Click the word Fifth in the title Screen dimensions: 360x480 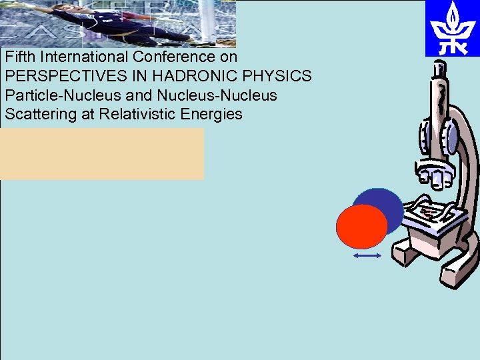pyautogui.click(x=20, y=57)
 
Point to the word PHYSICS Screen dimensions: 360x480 pyautogui.click(x=280, y=77)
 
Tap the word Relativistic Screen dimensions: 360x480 pyautogui.click(x=135, y=114)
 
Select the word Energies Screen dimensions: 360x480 pyautogui.click(x=211, y=114)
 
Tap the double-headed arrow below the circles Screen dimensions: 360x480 pyautogui.click(x=367, y=255)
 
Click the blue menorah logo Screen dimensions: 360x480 pyautogui.click(x=452, y=29)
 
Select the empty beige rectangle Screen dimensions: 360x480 pyautogui.click(x=102, y=154)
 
